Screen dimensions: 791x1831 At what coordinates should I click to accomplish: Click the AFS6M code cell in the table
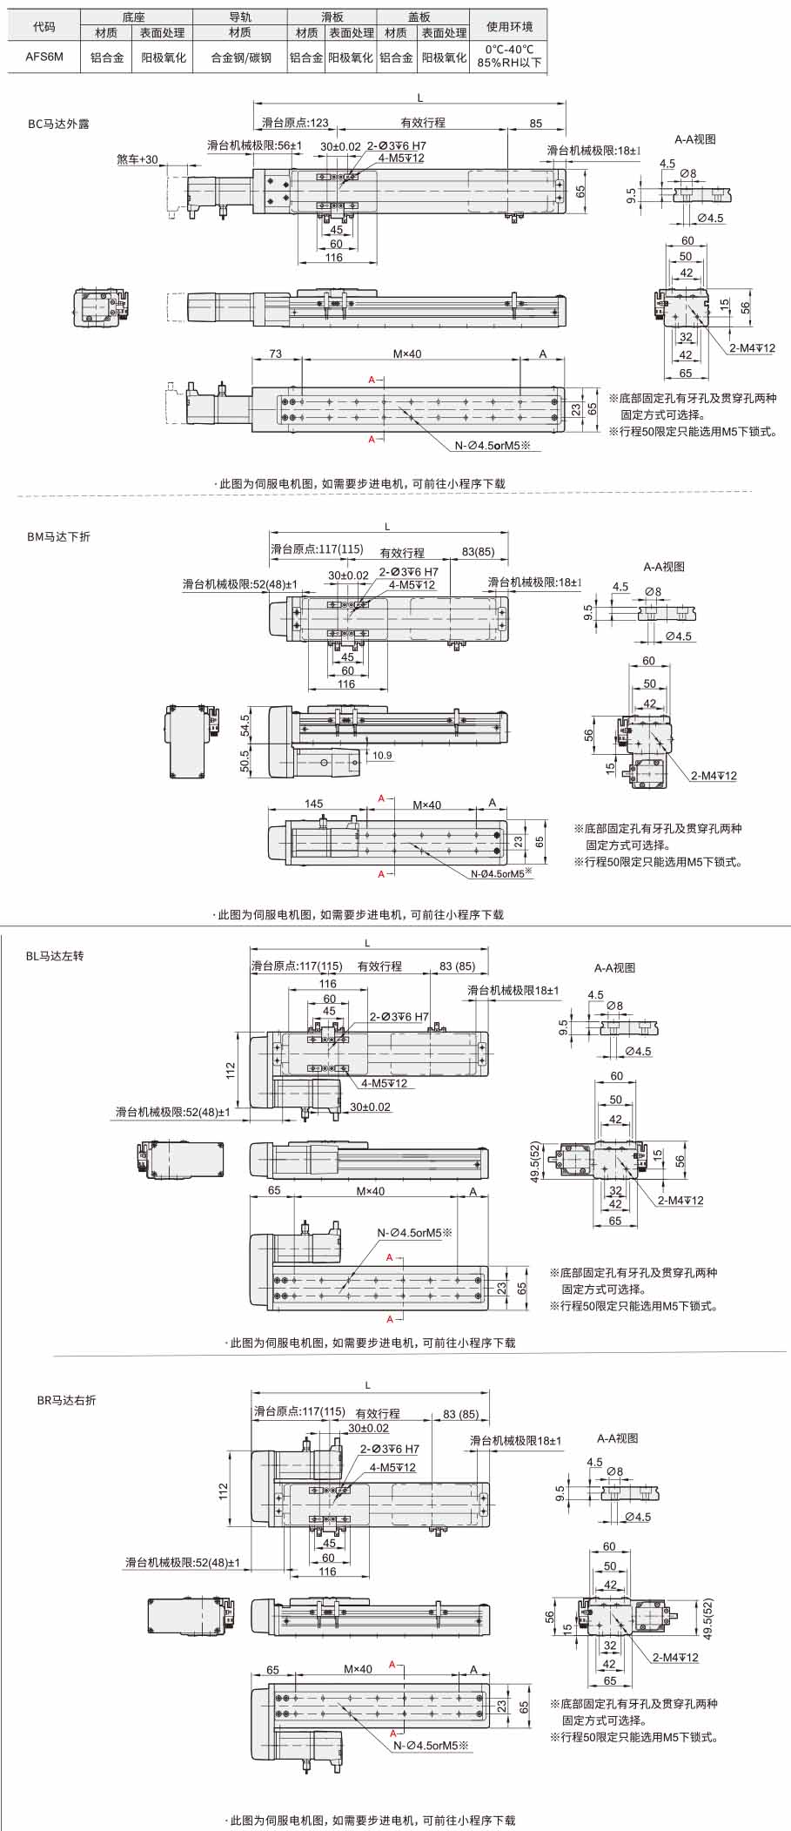tap(44, 57)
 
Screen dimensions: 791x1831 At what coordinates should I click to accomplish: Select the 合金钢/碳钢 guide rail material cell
tap(241, 57)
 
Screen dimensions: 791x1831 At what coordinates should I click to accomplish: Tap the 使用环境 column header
tap(509, 26)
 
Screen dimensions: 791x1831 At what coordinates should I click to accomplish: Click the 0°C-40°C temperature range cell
tap(510, 50)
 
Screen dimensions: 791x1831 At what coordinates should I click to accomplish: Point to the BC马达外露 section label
tap(58, 124)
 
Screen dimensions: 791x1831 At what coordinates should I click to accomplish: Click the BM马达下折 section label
tap(58, 536)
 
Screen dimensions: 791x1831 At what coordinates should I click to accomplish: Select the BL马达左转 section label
tap(55, 955)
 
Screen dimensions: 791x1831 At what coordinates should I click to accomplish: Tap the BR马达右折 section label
tap(66, 1400)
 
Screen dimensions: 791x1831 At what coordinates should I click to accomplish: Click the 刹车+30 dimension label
tap(137, 159)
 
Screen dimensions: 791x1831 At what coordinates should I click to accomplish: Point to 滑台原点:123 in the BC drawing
tap(296, 124)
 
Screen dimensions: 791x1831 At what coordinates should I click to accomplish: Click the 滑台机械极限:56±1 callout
tap(254, 145)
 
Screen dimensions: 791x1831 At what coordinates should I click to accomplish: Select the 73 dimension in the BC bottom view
tap(275, 353)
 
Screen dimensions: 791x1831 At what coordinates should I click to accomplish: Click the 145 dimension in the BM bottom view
tap(314, 804)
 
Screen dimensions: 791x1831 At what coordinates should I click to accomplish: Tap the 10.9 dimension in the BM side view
tap(382, 755)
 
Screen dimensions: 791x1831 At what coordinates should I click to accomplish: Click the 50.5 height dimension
tap(245, 761)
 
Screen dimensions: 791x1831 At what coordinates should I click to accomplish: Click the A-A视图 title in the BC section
tap(695, 138)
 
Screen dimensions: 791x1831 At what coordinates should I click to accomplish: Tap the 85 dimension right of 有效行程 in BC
tap(536, 124)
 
